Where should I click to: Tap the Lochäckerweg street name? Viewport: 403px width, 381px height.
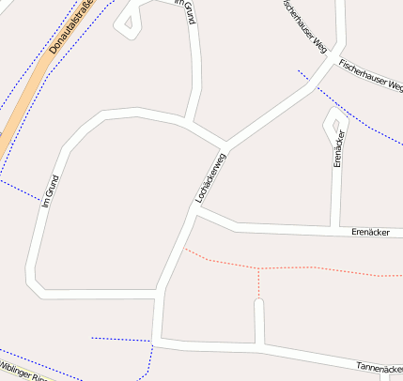(x=210, y=177)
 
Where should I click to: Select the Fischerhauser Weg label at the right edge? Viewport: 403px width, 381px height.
(x=370, y=75)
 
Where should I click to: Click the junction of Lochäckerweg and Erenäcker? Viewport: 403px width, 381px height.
(x=195, y=213)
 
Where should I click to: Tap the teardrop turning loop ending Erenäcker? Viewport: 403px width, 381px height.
(x=334, y=120)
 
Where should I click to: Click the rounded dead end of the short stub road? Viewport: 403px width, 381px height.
(x=258, y=303)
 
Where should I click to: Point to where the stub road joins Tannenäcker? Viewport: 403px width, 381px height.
(x=259, y=345)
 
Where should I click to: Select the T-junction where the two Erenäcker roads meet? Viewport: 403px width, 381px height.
(x=335, y=227)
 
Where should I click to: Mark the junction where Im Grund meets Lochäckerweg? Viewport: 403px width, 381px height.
(x=189, y=124)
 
